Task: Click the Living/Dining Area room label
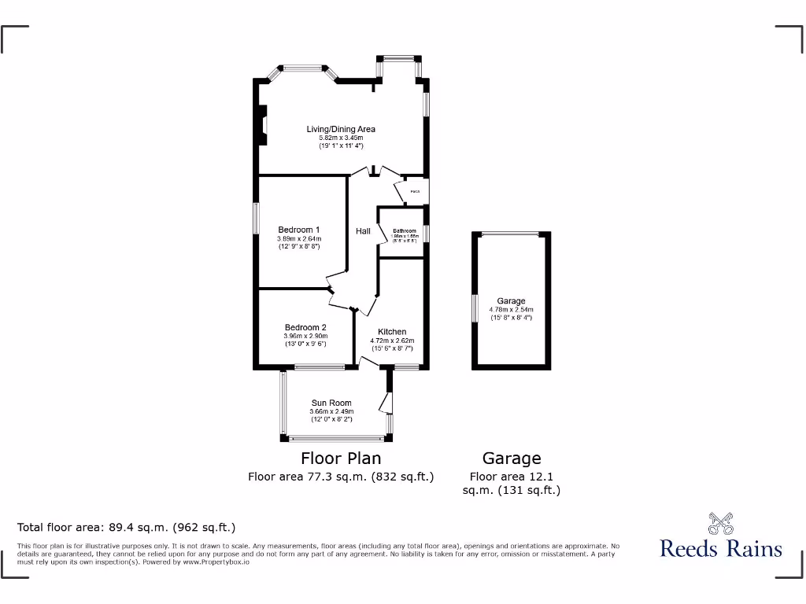(x=341, y=129)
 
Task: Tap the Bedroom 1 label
(x=298, y=230)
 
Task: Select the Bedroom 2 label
(x=305, y=327)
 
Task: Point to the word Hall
(x=363, y=231)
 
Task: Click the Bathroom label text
(x=405, y=231)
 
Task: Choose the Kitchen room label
(x=392, y=332)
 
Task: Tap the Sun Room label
(x=331, y=403)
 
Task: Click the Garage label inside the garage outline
(x=511, y=301)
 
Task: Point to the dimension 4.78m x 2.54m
(x=511, y=309)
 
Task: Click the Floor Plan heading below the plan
(x=341, y=459)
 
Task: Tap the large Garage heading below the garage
(x=512, y=459)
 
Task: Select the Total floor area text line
(x=127, y=528)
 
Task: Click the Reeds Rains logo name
(x=721, y=548)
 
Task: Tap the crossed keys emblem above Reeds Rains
(x=721, y=522)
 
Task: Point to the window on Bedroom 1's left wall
(x=255, y=218)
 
